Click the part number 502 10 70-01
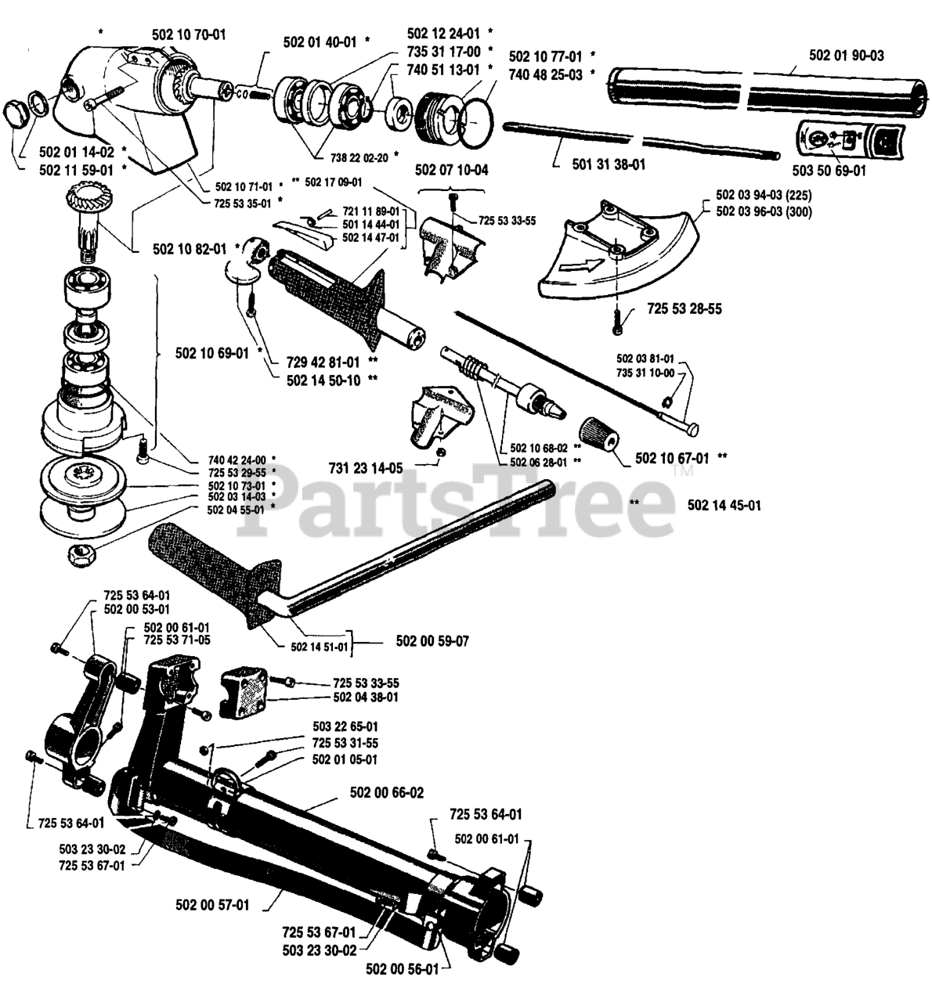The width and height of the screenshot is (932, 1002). tap(189, 34)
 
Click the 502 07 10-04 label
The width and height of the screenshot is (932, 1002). tap(451, 169)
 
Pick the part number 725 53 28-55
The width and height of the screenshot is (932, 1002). tap(685, 308)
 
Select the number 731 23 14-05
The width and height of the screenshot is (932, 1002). tap(366, 468)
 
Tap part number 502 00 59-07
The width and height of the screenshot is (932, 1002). tap(433, 641)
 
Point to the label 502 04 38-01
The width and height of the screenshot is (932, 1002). tap(366, 697)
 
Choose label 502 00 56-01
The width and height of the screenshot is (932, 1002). tap(403, 969)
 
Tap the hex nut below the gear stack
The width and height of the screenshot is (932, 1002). tap(80, 556)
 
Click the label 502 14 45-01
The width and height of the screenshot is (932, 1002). tap(724, 506)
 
